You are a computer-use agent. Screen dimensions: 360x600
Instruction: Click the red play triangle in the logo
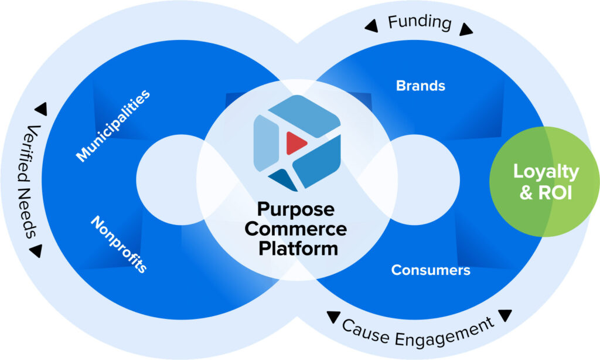pyautogui.click(x=296, y=142)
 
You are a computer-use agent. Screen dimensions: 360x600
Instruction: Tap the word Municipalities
pyautogui.click(x=113, y=125)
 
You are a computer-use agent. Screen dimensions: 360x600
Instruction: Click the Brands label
pyautogui.click(x=421, y=86)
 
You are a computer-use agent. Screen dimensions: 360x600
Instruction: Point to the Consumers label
pyautogui.click(x=431, y=270)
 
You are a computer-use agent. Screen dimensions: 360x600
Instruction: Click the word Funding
pyautogui.click(x=420, y=23)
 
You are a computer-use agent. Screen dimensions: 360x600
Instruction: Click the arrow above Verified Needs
pyautogui.click(x=40, y=109)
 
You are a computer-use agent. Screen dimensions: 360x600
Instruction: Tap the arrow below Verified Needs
pyautogui.click(x=35, y=251)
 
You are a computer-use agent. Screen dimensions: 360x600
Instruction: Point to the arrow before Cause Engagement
pyautogui.click(x=333, y=318)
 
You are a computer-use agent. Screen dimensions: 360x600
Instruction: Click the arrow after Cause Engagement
pyautogui.click(x=505, y=316)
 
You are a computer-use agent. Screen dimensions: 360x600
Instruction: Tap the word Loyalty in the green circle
pyautogui.click(x=546, y=172)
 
